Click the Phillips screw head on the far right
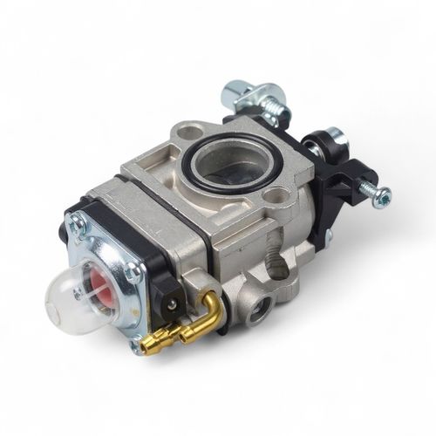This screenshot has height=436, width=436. tap(381, 197)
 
